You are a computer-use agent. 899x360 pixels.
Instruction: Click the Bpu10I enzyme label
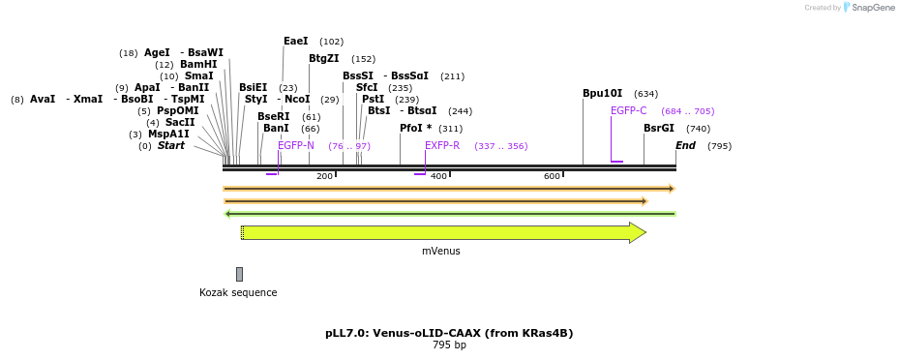[x=602, y=94]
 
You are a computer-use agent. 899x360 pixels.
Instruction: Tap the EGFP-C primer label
[x=628, y=110]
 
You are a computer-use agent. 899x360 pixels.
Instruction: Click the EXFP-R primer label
[x=442, y=145]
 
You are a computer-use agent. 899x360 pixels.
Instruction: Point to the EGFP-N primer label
[x=296, y=145]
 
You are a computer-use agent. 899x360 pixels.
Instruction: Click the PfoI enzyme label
[x=415, y=128]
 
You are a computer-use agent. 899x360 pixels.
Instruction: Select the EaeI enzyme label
[x=296, y=42]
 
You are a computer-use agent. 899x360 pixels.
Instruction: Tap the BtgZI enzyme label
[x=324, y=59]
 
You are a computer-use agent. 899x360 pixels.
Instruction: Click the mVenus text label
[x=441, y=251]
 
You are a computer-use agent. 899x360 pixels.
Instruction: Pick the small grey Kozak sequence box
[x=239, y=274]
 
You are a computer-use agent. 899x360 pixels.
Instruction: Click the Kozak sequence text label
[x=238, y=292]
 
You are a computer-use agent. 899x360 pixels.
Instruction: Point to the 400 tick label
[x=438, y=176]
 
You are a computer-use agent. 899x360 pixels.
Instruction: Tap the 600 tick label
[x=552, y=176]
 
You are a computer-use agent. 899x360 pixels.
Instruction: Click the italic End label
[x=685, y=145]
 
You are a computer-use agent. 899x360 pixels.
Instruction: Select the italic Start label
[x=171, y=145]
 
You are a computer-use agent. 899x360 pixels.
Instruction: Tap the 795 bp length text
[x=449, y=345]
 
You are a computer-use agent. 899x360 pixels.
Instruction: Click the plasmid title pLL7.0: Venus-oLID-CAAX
[x=449, y=333]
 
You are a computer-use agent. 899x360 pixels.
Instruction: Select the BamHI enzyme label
[x=198, y=65]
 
